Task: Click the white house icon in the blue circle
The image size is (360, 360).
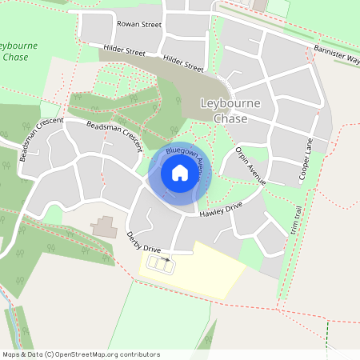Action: point(179,172)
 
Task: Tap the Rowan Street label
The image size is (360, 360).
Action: point(139,24)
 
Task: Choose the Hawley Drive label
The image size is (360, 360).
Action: point(222,209)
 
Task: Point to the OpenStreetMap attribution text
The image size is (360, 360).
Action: point(81,354)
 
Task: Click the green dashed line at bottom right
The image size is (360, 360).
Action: point(327,330)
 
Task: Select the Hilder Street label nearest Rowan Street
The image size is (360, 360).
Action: point(124,52)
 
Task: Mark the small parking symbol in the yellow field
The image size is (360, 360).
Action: point(166,258)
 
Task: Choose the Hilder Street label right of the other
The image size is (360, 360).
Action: point(182,63)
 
